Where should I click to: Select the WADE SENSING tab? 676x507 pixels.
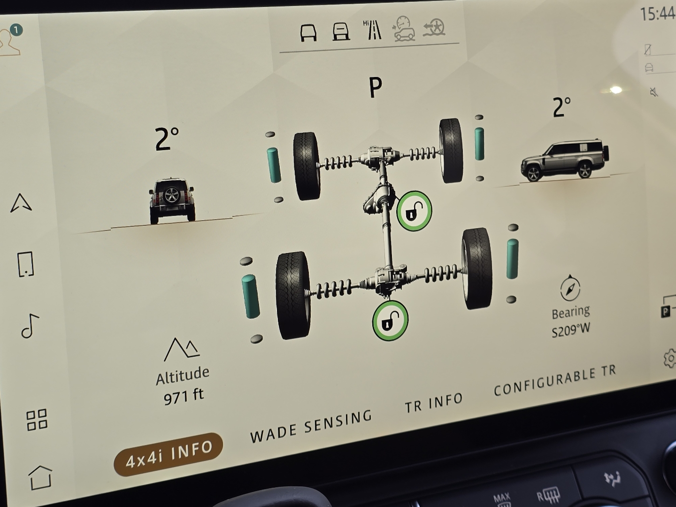tap(311, 426)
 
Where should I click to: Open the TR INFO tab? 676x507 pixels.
tap(434, 403)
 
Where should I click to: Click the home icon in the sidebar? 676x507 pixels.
tap(41, 477)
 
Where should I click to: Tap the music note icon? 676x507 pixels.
tap(30, 326)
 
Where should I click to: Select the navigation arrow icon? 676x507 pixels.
tap(21, 203)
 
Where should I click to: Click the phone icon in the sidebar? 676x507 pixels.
tap(25, 264)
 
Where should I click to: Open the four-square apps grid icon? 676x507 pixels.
tap(37, 420)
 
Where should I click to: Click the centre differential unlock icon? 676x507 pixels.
tap(414, 211)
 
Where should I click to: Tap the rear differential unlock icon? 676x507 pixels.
tap(390, 321)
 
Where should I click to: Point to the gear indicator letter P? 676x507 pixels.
tap(376, 87)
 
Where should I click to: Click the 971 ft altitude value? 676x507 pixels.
tap(184, 397)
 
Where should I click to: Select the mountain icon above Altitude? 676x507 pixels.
tap(182, 349)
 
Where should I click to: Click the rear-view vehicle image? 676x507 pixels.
tap(172, 200)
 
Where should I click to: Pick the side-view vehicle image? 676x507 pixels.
tap(565, 161)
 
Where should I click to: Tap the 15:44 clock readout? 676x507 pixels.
tap(658, 14)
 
